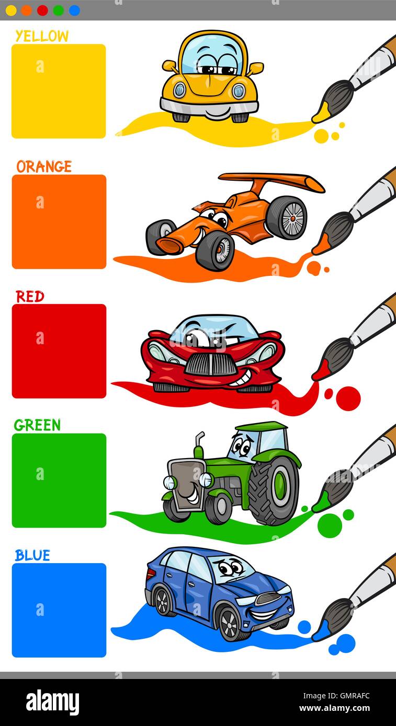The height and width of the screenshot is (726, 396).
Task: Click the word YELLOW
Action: coord(42,36)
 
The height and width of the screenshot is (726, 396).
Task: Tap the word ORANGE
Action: coord(44,167)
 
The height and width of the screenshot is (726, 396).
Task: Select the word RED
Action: coord(30,297)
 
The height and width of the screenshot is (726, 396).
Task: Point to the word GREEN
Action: coord(37,426)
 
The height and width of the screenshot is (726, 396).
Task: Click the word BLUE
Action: coord(32,555)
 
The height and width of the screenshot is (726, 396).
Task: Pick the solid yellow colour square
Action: coord(59,91)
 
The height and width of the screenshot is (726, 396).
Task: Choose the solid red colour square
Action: coord(59,351)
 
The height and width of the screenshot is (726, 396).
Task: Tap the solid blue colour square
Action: coord(59,610)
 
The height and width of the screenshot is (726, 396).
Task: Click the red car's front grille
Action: coord(211,364)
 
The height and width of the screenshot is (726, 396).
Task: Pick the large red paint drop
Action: coord(348,399)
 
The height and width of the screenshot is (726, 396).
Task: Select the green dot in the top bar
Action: coord(58,10)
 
